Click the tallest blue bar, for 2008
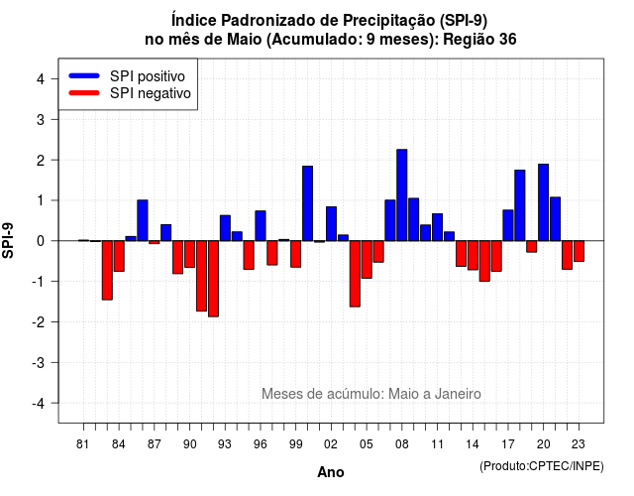click(402, 195)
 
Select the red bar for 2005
click(367, 260)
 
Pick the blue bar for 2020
click(544, 202)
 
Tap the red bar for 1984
click(119, 256)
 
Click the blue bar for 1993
click(225, 228)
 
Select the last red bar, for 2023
click(579, 251)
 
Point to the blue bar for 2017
click(508, 225)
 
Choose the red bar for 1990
click(189, 254)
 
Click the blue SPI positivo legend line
click(84, 75)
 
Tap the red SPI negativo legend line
click(84, 92)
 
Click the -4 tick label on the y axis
click(40, 404)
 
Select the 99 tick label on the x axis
click(296, 444)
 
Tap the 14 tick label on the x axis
click(473, 444)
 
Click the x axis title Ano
click(331, 472)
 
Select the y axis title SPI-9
click(8, 240)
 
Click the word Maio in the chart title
click(245, 40)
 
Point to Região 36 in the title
click(479, 40)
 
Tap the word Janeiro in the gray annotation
click(458, 394)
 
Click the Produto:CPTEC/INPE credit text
click(542, 466)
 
